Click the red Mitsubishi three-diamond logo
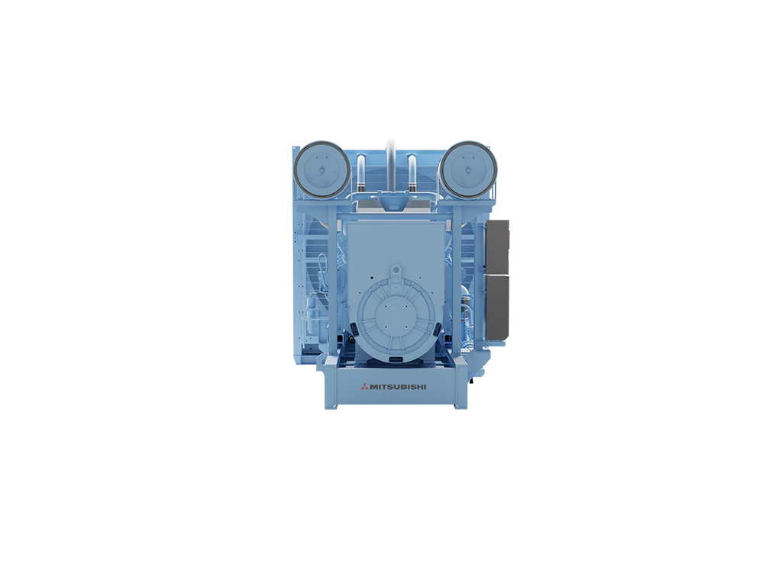[365, 386]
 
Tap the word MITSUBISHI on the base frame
[398, 387]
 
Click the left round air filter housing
[322, 168]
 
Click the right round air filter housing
[468, 168]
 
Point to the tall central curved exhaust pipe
[390, 165]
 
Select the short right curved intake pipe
[412, 171]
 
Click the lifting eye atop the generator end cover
[396, 271]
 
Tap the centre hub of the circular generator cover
[396, 316]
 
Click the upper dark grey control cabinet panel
[498, 246]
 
